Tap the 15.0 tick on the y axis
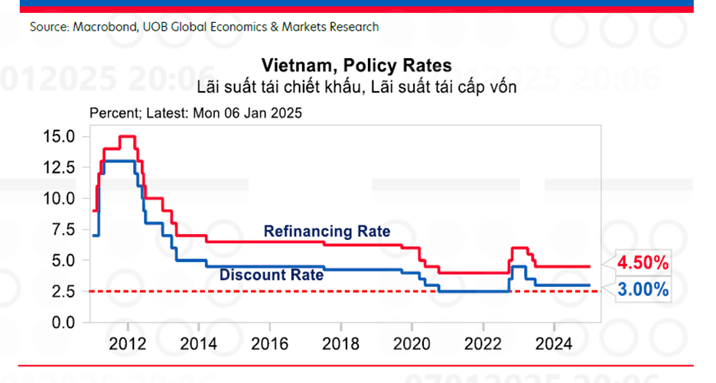point(59,136)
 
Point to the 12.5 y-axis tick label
point(59,167)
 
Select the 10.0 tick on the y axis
point(59,198)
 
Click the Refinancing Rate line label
point(327,231)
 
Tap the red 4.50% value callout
point(643,264)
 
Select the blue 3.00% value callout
point(643,290)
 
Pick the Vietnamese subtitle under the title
point(357,86)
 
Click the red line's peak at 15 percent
point(127,136)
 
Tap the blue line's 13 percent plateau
point(119,161)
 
